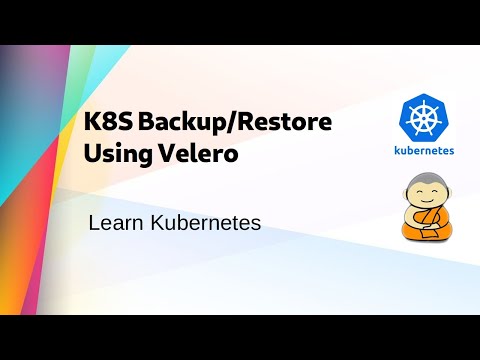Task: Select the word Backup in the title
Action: pos(176,126)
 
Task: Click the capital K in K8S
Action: pos(91,126)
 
